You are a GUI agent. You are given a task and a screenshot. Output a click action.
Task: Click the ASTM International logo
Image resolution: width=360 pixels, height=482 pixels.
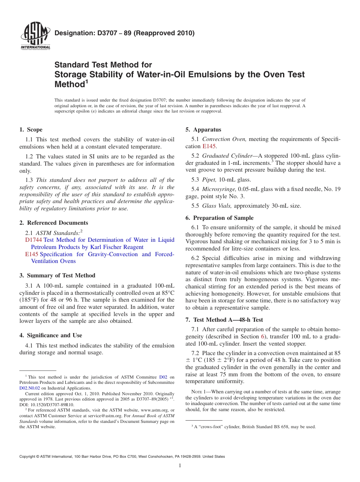coord(35,36)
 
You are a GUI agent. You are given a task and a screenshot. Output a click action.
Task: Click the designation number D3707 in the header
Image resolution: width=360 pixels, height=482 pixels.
coord(103,33)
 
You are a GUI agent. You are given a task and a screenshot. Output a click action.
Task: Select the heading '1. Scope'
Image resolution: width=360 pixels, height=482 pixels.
coord(31,130)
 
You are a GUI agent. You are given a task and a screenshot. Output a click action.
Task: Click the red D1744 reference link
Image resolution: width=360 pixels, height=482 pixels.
coord(33,240)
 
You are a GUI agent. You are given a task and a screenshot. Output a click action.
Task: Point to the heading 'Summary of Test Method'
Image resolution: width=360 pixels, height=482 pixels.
coord(61,275)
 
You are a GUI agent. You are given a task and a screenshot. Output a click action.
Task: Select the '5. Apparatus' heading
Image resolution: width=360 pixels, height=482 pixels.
coord(203,130)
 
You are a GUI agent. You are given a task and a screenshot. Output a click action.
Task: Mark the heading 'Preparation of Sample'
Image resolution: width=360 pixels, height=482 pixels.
coord(223,218)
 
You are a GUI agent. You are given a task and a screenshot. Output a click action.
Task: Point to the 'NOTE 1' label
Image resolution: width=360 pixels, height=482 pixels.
coord(194,392)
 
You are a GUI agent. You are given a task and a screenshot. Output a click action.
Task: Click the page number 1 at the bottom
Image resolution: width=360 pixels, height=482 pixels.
coord(180,466)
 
